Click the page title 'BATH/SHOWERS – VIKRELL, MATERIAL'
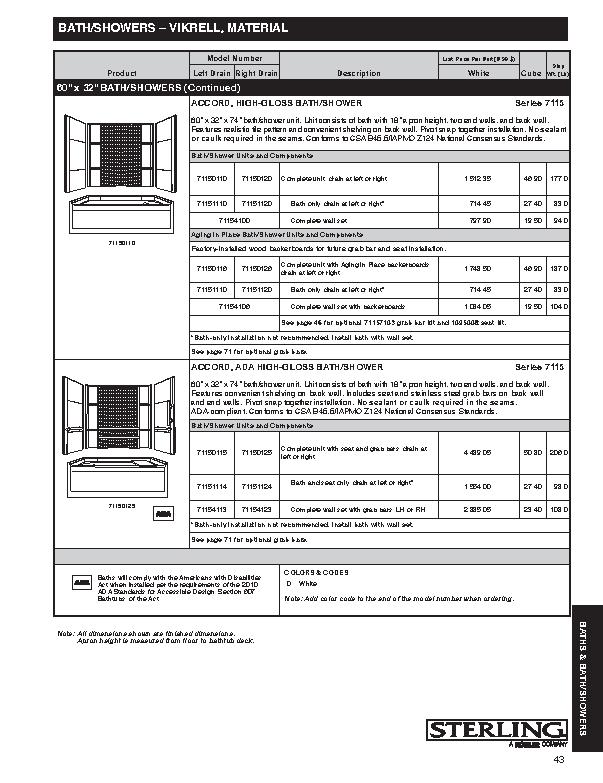point(172,30)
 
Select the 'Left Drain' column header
point(212,73)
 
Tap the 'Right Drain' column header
point(256,73)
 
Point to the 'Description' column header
point(359,73)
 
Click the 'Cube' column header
point(530,73)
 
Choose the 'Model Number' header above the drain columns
point(234,59)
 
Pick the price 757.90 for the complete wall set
point(479,220)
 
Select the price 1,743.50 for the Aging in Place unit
point(479,268)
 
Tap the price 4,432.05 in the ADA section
point(479,453)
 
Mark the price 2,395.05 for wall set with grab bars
point(479,508)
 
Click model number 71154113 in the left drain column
point(212,508)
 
